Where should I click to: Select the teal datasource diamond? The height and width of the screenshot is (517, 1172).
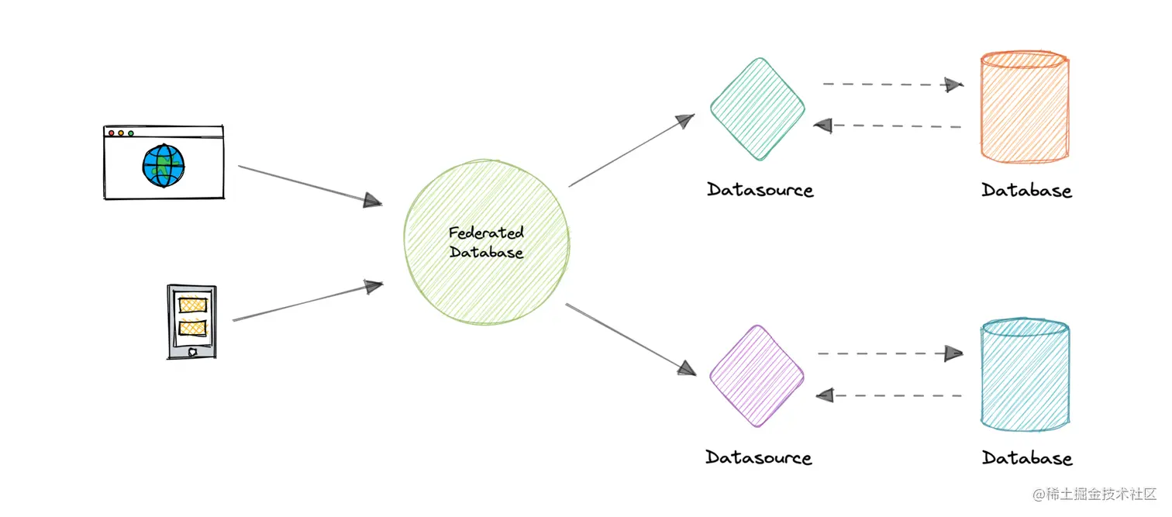click(758, 109)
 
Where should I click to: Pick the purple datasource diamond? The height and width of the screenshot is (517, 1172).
click(757, 375)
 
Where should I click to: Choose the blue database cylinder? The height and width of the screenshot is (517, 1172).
click(1025, 375)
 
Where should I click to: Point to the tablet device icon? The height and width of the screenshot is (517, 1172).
click(191, 322)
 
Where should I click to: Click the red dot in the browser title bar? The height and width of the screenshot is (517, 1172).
click(112, 133)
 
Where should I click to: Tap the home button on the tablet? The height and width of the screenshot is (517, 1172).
click(191, 352)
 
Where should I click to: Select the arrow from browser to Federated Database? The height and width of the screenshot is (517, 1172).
click(310, 185)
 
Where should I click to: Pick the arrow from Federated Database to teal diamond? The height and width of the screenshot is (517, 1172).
click(631, 151)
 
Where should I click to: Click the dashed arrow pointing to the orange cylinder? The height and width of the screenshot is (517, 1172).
click(892, 84)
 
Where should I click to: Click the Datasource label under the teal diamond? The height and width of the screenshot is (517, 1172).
click(760, 190)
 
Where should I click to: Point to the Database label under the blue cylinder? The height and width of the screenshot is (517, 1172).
click(1027, 458)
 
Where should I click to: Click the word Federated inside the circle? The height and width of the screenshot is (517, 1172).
click(486, 233)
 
